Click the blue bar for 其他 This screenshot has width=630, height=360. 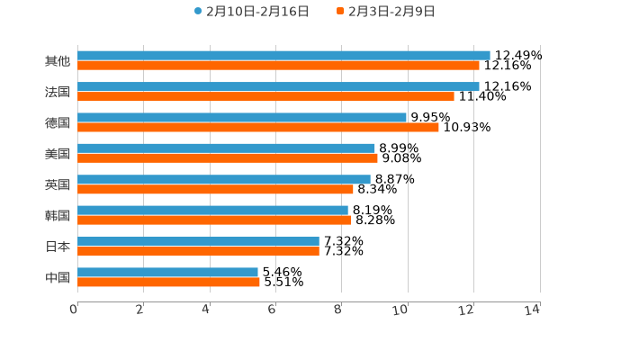283,56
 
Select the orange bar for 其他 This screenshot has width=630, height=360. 278,66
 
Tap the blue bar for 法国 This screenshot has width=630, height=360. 278,86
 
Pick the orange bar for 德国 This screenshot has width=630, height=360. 258,127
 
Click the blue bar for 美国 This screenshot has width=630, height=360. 226,148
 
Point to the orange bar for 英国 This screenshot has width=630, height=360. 215,189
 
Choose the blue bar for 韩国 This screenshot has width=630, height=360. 212,211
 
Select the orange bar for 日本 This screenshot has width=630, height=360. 198,251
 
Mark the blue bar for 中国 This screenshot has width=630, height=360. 167,272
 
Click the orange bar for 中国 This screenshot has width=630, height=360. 168,282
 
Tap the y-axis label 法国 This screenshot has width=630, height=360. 58,92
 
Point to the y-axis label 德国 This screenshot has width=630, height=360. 58,122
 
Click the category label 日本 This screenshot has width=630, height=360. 58,247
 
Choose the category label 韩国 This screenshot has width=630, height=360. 58,215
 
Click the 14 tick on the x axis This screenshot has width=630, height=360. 533,310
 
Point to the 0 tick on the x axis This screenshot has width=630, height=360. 75,310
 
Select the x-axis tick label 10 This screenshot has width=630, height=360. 400,310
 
